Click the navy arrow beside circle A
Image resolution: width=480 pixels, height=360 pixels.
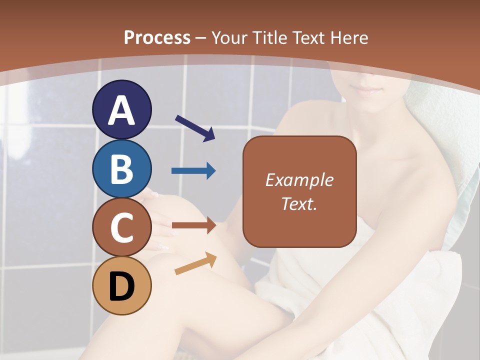pos(195,127)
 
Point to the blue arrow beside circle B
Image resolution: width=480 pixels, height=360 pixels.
pos(193,171)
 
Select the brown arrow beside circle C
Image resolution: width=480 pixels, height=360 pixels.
pos(194,226)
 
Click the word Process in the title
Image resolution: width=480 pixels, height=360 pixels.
pos(157,37)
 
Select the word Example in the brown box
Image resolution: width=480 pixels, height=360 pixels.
pos(299,180)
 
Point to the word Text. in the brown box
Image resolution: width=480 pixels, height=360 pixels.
pos(299,203)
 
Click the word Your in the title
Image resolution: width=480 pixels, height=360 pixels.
pos(230,37)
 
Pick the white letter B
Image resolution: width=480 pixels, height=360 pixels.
pos(122,169)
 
